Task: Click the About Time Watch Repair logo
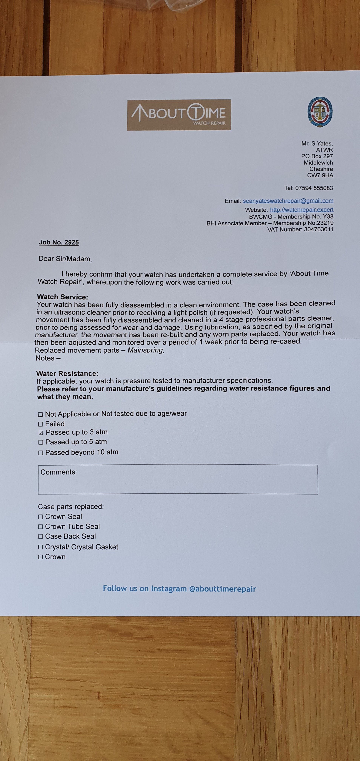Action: tap(179, 115)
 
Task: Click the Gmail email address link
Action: tap(288, 201)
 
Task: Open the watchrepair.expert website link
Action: tap(302, 210)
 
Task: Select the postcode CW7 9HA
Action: tap(320, 176)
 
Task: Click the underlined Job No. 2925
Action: tap(59, 243)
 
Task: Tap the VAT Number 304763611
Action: tap(319, 230)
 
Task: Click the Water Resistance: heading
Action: tap(67, 374)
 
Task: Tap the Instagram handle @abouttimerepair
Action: tap(222, 589)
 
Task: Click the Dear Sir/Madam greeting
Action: tap(65, 259)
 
